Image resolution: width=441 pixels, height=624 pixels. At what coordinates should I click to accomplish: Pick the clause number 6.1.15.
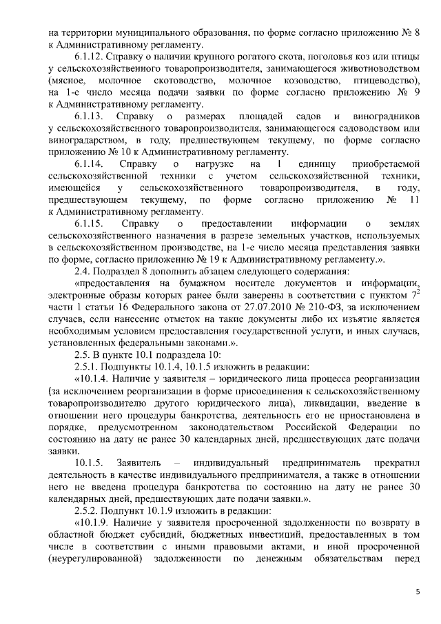click(x=90, y=224)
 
